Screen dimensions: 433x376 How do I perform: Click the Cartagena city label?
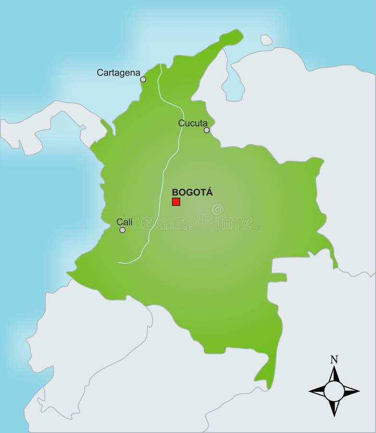[118, 73]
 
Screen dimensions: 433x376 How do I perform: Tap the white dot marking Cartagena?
[143, 79]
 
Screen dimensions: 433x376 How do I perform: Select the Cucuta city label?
[193, 123]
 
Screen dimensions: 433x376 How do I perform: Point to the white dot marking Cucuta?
[207, 130]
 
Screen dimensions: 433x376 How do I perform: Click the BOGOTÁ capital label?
[192, 192]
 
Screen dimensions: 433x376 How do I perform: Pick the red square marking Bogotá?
[176, 202]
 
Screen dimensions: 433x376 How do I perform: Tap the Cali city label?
[125, 222]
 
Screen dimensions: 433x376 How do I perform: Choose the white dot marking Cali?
[123, 230]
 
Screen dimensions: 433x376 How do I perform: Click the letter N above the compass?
[334, 359]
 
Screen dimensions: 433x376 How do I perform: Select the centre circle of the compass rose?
[334, 391]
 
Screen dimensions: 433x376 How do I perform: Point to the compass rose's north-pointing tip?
[334, 367]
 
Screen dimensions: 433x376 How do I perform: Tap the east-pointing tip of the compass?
[359, 391]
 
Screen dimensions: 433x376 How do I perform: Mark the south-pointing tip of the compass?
[334, 416]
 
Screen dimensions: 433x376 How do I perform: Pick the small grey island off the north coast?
[266, 40]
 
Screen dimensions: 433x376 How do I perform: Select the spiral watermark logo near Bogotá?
[217, 209]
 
